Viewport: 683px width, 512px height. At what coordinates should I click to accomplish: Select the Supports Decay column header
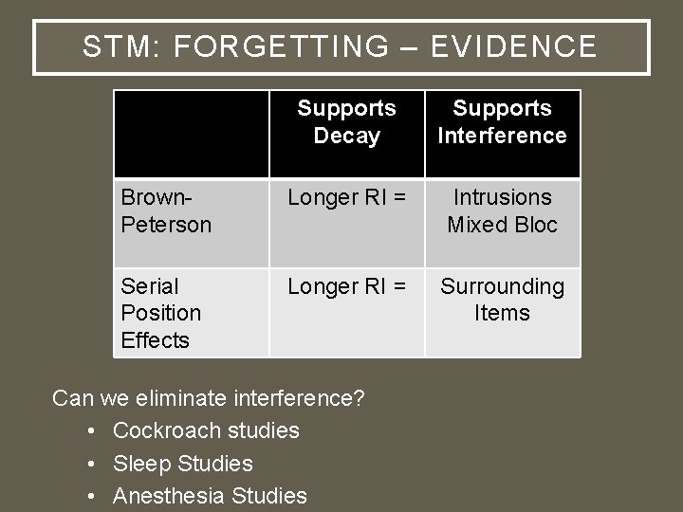[x=346, y=122]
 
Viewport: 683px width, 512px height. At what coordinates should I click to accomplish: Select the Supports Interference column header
[x=502, y=122]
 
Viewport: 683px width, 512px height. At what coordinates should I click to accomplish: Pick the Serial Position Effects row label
[x=161, y=313]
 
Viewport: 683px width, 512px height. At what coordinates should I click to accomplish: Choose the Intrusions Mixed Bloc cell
[x=502, y=210]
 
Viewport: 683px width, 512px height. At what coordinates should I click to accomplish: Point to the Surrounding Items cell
[x=502, y=300]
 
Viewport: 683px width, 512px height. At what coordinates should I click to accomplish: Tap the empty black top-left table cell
[x=191, y=134]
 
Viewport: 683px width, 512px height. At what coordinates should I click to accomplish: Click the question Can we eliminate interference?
[x=209, y=398]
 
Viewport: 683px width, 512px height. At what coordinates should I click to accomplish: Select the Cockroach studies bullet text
[x=206, y=430]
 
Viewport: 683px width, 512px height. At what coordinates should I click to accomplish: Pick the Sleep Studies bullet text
[x=183, y=463]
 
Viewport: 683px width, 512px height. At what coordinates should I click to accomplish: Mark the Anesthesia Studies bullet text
[x=210, y=495]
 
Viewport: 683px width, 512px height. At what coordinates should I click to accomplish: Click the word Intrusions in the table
[x=502, y=197]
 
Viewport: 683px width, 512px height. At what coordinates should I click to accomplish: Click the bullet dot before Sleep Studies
[x=89, y=464]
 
